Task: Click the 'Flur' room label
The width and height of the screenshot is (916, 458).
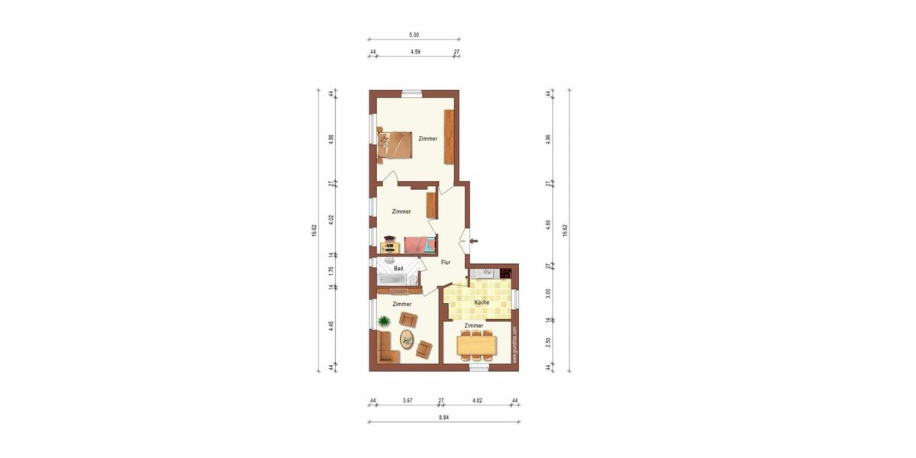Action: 446,263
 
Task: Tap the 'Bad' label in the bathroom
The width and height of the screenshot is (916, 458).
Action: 398,269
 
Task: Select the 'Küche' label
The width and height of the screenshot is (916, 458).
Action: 482,303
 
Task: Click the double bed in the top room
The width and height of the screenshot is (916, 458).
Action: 395,144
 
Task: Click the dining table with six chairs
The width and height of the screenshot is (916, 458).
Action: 477,345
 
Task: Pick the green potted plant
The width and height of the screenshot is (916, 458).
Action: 384,322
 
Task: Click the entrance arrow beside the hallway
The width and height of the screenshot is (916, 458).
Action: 473,241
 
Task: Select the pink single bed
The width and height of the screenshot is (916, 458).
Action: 420,245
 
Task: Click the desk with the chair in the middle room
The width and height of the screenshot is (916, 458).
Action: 390,245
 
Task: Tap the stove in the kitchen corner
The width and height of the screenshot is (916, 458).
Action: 505,272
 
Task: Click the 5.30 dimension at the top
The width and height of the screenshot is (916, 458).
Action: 414,34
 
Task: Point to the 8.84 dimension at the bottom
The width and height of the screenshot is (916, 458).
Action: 443,417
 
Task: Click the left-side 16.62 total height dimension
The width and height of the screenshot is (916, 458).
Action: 314,231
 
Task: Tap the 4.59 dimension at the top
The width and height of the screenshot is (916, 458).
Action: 415,52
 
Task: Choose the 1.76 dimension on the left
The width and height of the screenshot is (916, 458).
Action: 331,270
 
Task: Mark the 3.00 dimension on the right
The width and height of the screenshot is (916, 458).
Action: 549,292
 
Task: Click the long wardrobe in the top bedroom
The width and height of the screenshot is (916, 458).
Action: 449,138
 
